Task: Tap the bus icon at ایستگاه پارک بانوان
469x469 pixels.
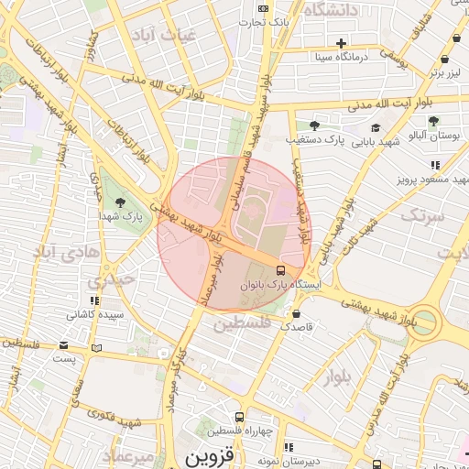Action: pos(280,270)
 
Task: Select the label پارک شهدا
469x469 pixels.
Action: pos(119,216)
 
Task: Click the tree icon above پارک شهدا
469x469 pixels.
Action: pos(119,202)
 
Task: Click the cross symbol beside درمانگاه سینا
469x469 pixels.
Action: pos(341,42)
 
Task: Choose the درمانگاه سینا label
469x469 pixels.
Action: pos(341,57)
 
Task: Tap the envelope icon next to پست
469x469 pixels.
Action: pos(63,345)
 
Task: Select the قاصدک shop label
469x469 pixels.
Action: pos(297,326)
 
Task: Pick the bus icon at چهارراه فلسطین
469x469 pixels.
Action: pos(239,417)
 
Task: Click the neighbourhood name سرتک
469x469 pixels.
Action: pos(423,216)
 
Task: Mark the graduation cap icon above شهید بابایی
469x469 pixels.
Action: pos(376,127)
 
